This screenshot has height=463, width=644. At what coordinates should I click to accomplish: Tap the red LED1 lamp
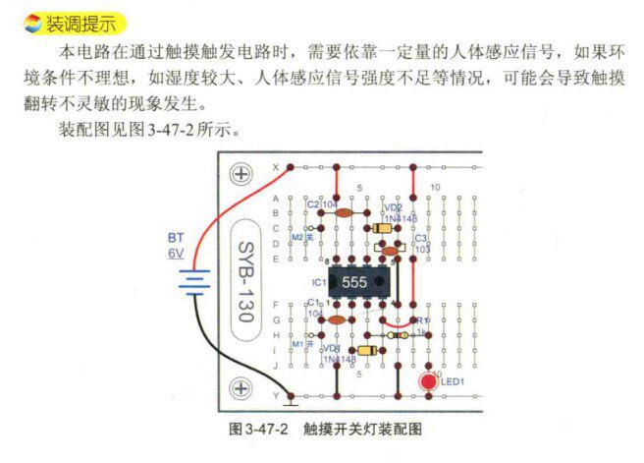tap(428, 381)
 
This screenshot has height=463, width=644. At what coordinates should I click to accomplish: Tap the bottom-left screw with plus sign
tap(241, 389)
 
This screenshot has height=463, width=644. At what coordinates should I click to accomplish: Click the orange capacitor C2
tap(343, 211)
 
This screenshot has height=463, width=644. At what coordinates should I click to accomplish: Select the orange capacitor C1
tap(336, 319)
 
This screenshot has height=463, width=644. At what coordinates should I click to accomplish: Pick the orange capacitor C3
tap(390, 252)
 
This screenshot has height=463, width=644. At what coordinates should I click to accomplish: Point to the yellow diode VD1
tap(367, 351)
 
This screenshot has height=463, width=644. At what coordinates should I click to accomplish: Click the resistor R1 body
tap(400, 334)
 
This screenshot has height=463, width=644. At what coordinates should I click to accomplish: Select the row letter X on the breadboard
tap(276, 168)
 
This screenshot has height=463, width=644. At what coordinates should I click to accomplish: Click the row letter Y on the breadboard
tap(276, 397)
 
